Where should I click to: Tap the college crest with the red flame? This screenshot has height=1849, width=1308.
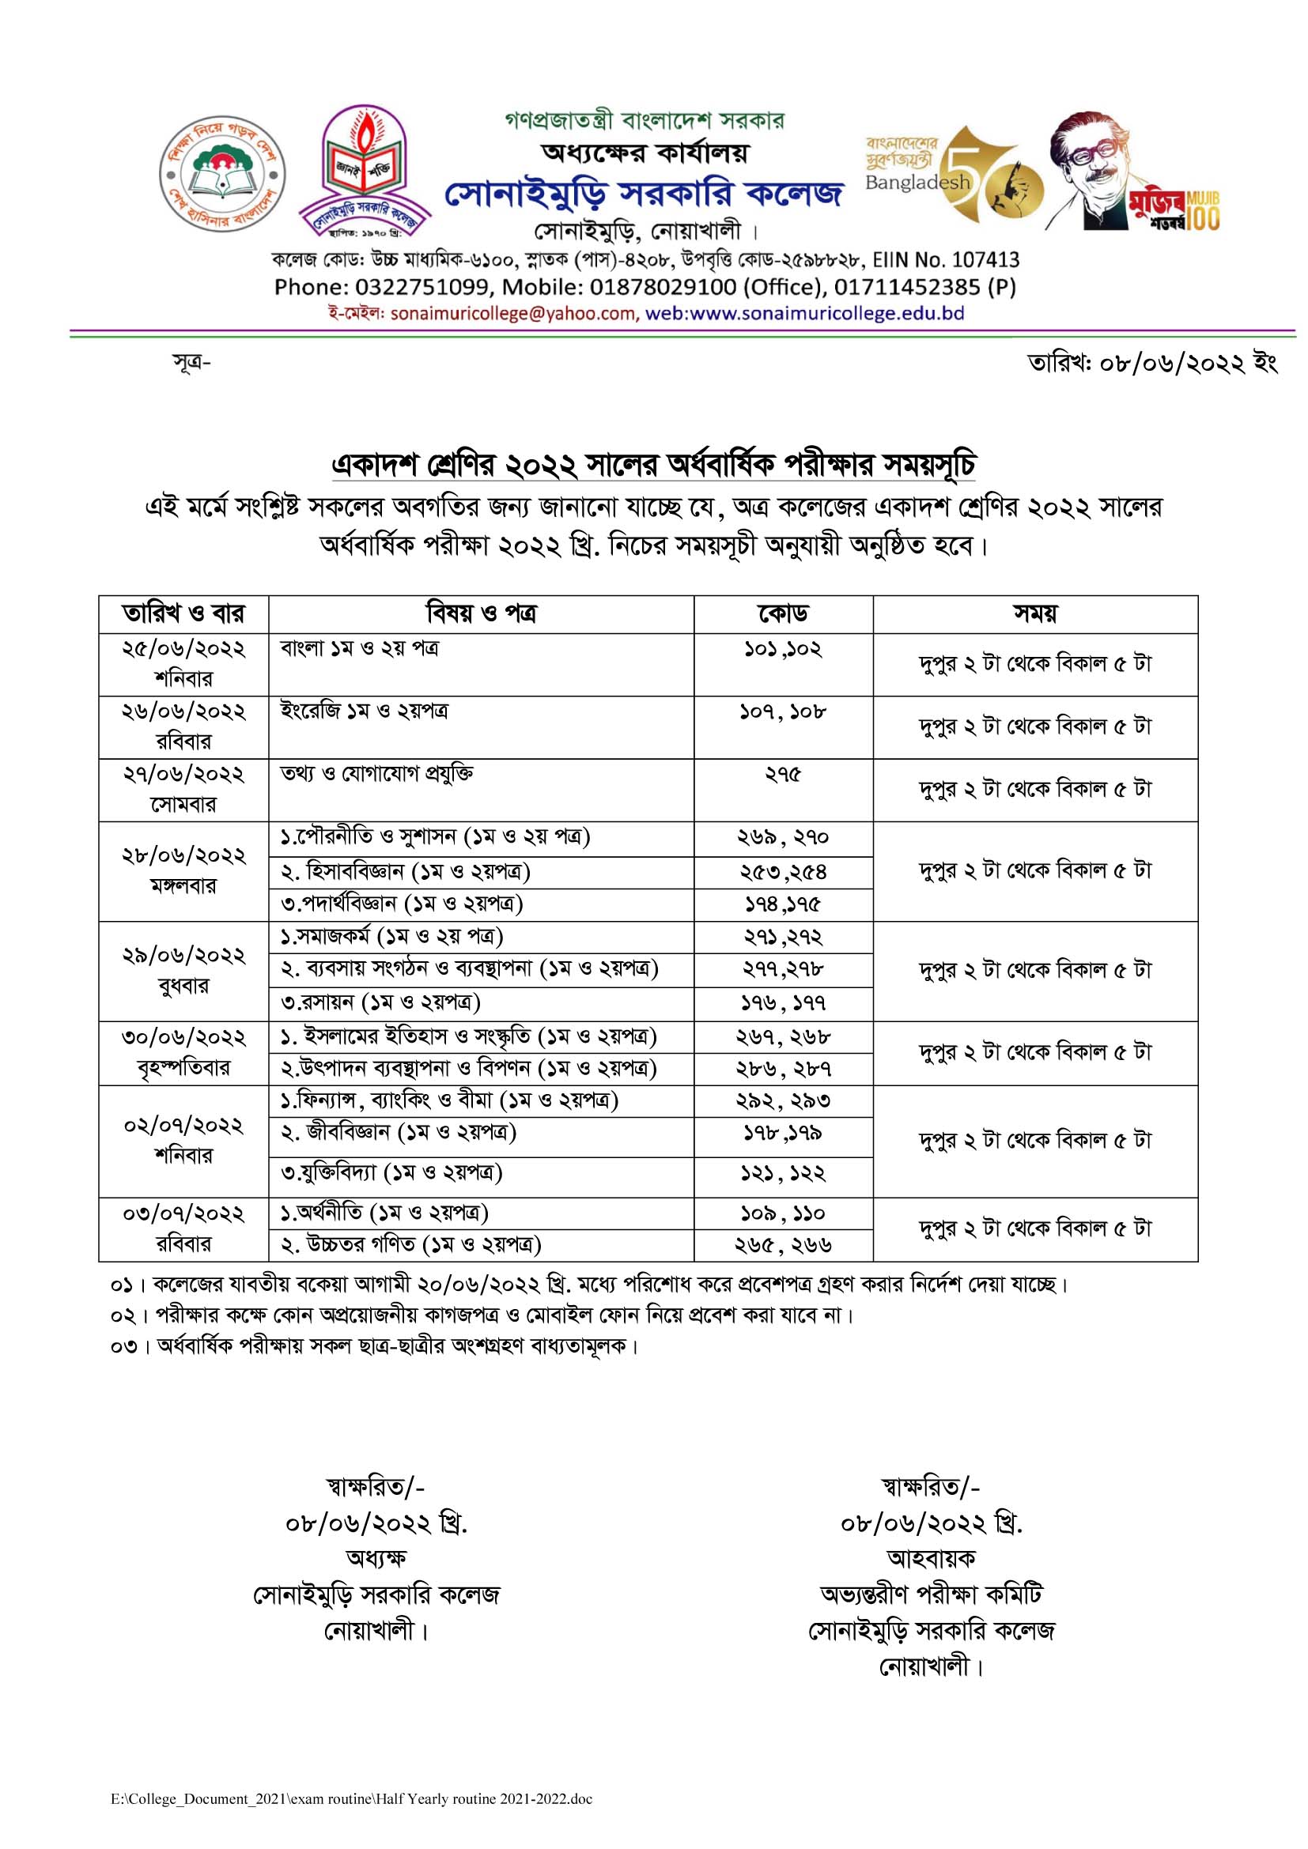364,173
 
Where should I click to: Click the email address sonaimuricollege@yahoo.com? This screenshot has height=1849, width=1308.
513,314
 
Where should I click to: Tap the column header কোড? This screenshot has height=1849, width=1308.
782,614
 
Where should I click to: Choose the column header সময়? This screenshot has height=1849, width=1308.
1035,614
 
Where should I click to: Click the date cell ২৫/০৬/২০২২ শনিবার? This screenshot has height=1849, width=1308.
183,664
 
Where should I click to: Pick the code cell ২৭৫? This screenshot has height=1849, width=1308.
782,775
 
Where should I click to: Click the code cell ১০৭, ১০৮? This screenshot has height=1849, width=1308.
782,712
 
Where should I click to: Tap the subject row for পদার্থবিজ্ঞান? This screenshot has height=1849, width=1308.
402,904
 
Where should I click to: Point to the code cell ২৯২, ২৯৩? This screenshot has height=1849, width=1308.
782,1101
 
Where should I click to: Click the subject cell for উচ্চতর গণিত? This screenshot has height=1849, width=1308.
410,1245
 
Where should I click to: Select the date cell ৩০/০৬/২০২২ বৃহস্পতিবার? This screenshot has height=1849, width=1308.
183,1052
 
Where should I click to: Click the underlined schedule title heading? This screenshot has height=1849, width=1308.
653,466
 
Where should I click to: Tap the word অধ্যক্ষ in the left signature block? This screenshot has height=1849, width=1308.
376,1557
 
